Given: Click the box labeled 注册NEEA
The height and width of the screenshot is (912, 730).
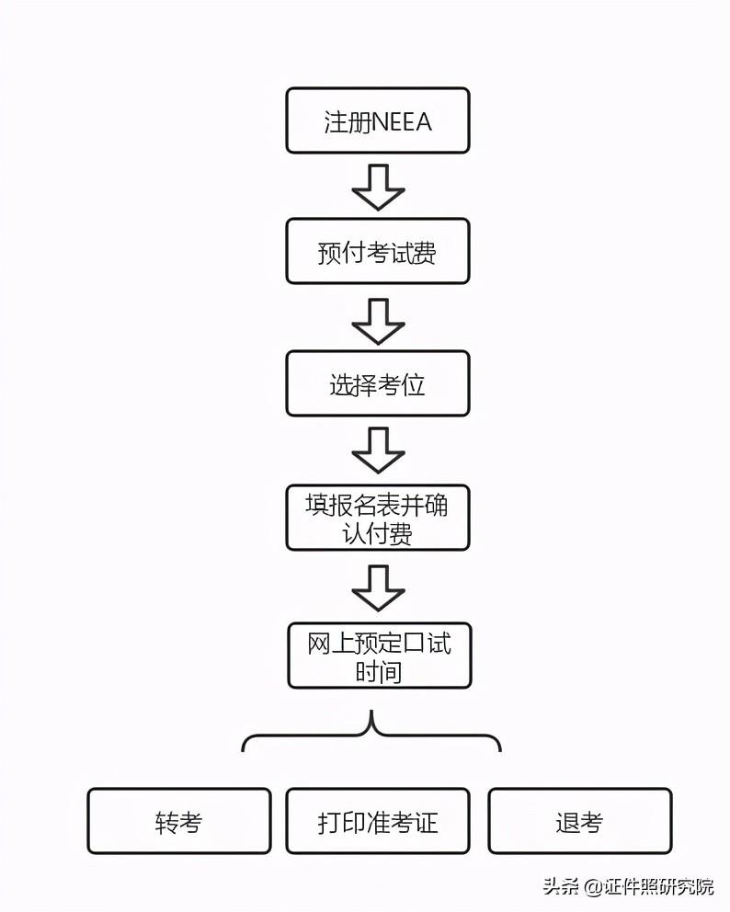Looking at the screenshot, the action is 378,120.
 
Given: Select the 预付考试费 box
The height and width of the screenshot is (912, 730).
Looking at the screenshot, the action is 378,251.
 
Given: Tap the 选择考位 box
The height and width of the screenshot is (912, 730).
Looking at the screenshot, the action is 378,383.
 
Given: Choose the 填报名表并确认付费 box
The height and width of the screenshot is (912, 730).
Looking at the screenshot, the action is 378,518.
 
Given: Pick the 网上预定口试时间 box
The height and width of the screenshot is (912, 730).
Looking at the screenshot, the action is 380,655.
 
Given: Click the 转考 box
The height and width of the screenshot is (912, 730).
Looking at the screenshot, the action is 179,821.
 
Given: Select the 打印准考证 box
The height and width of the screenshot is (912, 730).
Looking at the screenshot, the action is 378,821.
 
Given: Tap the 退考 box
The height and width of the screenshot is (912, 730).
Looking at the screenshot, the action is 580,821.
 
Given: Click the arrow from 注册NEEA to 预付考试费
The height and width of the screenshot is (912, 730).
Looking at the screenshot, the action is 378,187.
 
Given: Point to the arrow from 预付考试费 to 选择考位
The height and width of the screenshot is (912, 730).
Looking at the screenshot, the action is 378,321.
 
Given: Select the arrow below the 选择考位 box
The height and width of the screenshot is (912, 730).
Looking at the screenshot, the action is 378,450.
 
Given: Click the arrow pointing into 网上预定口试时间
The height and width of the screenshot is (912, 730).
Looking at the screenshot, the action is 378,588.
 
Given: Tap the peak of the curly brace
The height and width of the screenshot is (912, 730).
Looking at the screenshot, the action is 371,711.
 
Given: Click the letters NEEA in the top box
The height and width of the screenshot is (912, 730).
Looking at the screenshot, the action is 401,122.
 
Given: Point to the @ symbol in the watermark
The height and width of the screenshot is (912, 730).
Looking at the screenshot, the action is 593,886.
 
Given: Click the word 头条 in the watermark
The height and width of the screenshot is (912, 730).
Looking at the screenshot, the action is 561,886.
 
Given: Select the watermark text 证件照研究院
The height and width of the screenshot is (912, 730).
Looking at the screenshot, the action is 658,886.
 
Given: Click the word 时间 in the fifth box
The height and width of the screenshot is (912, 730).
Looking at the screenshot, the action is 379,672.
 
